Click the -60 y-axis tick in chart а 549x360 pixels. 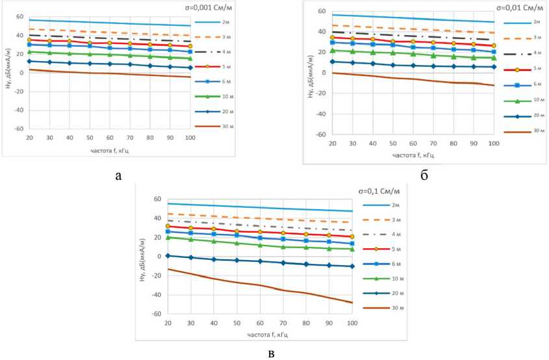pos(19,129)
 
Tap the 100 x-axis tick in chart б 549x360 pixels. pos(493,143)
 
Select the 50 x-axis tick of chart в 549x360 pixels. pos(237,323)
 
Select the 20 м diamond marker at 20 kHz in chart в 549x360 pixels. pos(168,255)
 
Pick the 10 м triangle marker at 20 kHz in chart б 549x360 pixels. pos(332,50)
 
